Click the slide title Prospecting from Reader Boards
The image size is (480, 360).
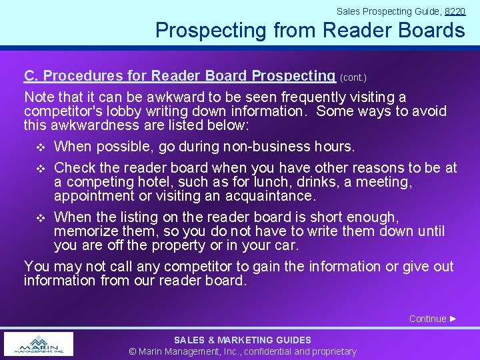[310, 30]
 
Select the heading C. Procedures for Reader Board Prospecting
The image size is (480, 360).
[179, 76]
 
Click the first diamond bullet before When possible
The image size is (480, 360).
[41, 147]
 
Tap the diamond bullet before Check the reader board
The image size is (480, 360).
[41, 169]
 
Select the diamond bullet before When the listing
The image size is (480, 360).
[41, 217]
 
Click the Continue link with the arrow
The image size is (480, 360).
[433, 319]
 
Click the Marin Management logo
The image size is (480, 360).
[39, 344]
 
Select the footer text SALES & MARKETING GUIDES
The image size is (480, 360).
[243, 340]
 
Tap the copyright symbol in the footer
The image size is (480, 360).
[133, 351]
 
